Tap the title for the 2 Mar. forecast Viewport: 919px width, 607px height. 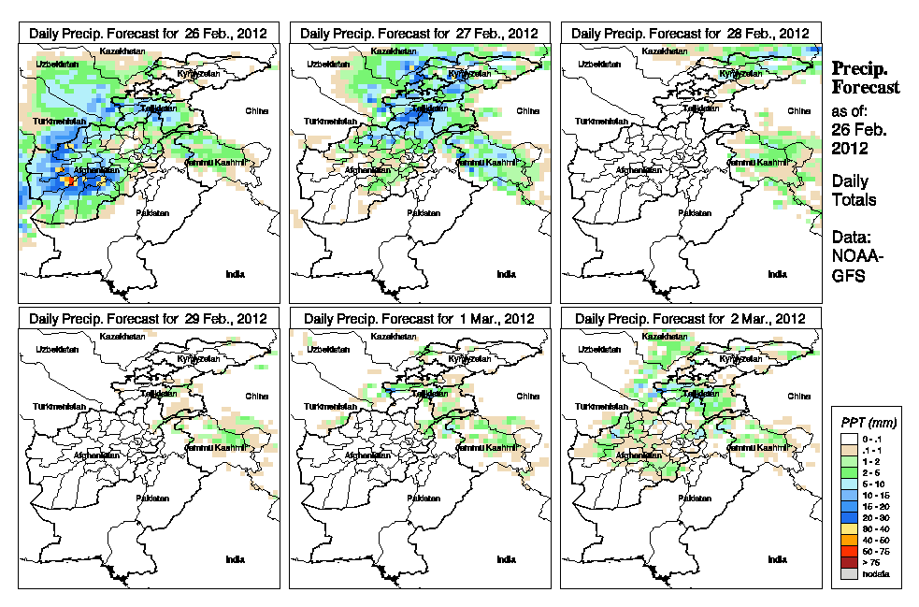coord(690,318)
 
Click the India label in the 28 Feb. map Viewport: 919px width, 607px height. coord(777,274)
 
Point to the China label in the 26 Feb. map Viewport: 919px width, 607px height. coord(255,110)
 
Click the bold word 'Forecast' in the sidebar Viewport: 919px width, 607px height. coord(866,88)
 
